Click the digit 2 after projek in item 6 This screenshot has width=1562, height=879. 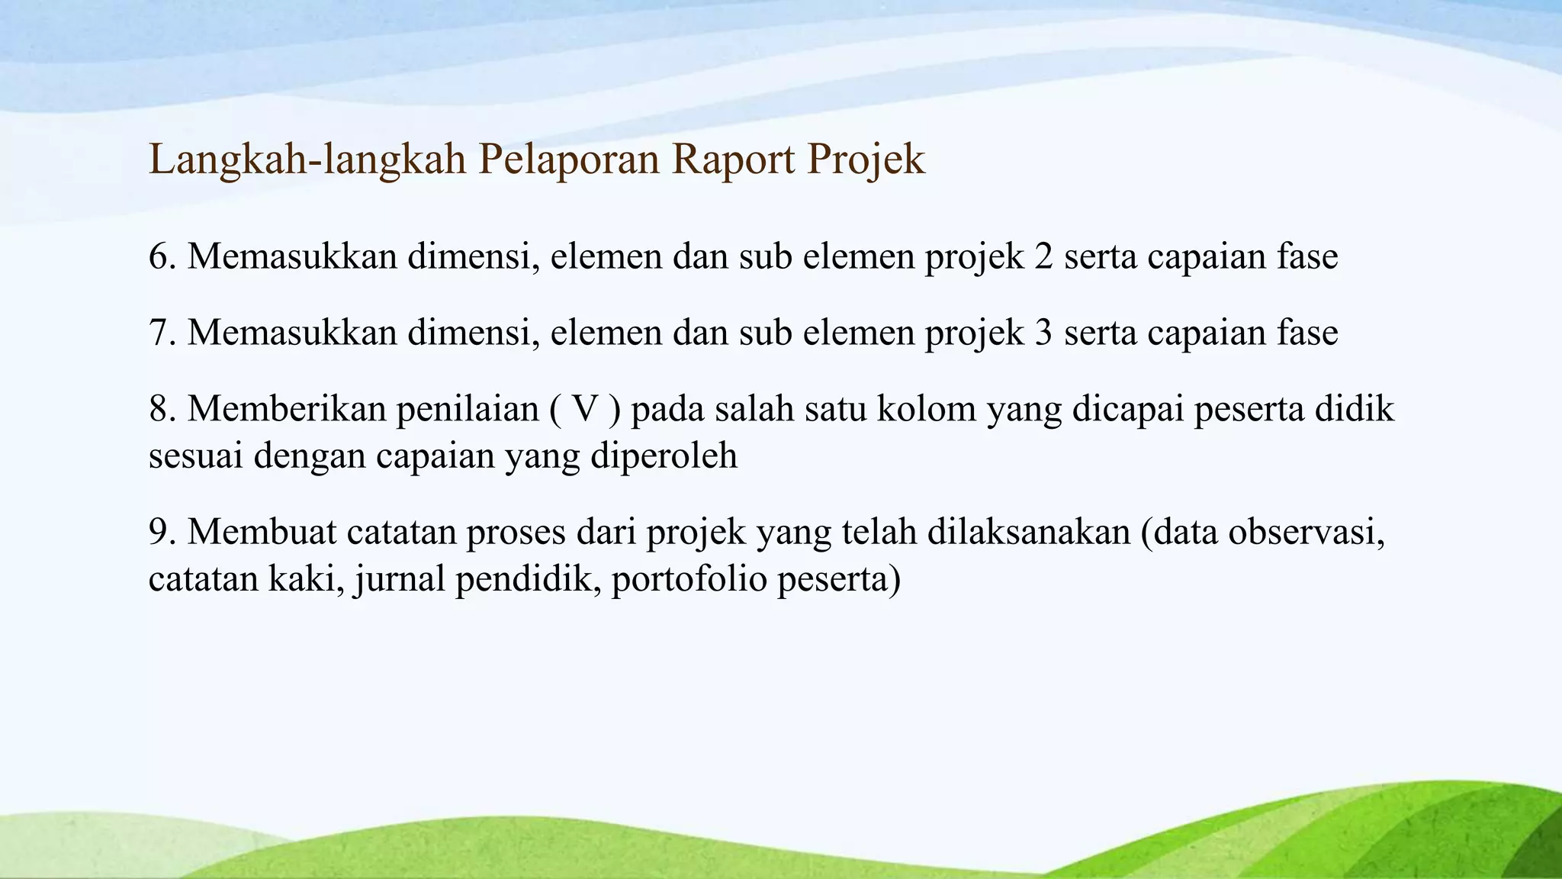tap(1043, 256)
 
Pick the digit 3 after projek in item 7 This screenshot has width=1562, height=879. tap(1043, 333)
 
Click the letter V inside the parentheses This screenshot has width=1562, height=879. tap(585, 409)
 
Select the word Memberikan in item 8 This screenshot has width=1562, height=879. tap(287, 409)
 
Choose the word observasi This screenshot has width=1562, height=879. tap(1305, 532)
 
